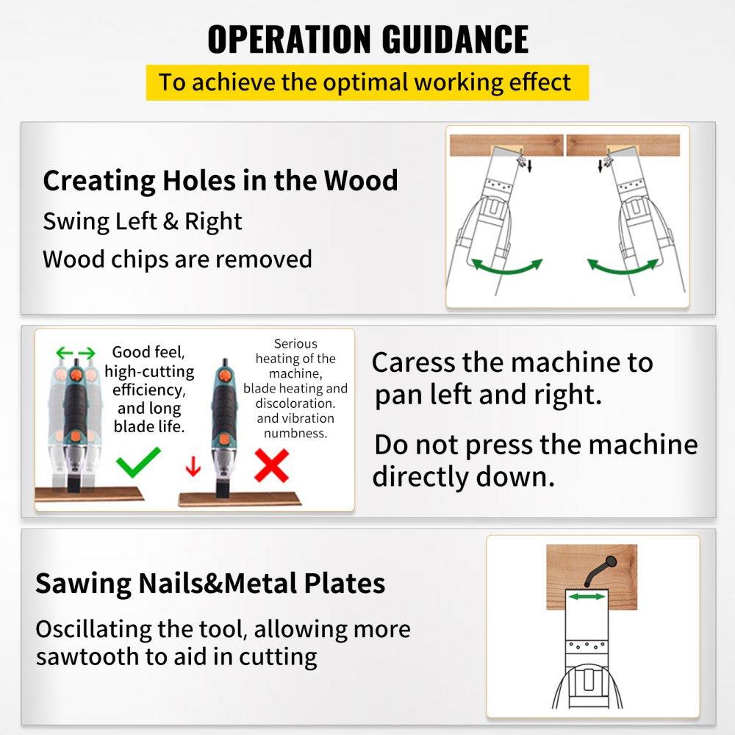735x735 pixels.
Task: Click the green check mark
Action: [138, 463]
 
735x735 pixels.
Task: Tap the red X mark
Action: [271, 465]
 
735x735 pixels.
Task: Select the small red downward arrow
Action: [193, 465]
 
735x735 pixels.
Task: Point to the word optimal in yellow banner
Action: [363, 82]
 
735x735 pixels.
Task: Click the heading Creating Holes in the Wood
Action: [220, 180]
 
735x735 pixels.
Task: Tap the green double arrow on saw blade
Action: [587, 597]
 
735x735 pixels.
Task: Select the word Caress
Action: [417, 362]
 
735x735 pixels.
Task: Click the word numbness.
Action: [295, 433]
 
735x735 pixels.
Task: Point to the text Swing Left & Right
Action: [143, 221]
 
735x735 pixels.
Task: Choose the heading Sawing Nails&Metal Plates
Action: [210, 583]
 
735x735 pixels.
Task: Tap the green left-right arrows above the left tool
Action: [76, 354]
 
